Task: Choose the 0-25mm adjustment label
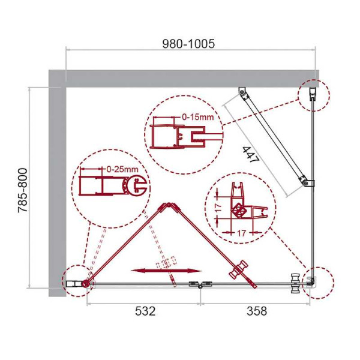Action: point(122,170)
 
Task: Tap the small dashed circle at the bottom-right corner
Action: point(316,281)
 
